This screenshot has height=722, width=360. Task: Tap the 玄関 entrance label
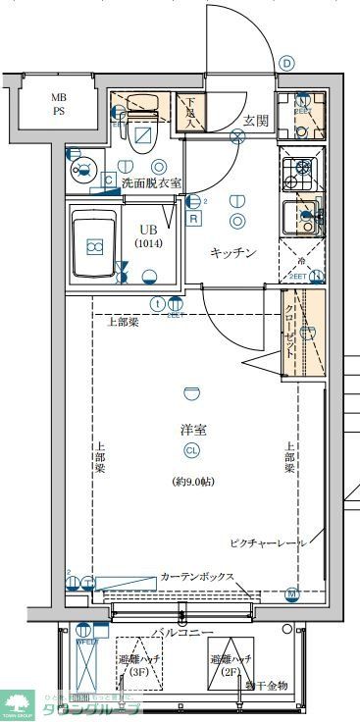tap(257, 120)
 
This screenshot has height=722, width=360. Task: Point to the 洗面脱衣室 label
tap(151, 183)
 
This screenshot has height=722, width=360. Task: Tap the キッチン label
tap(233, 253)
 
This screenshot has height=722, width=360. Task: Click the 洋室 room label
tap(192, 430)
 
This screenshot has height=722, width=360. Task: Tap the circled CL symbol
tap(192, 451)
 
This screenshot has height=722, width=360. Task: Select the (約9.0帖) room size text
tap(192, 482)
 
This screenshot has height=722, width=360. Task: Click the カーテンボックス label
tap(197, 577)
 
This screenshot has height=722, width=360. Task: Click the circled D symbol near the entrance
tap(286, 63)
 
